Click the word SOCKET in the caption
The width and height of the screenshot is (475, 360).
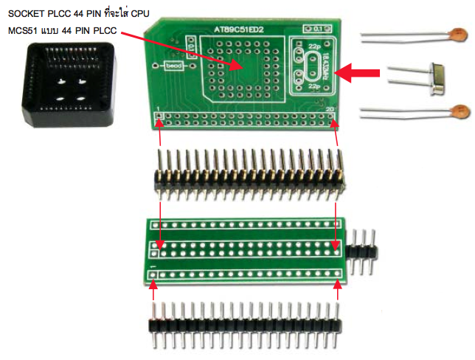27,15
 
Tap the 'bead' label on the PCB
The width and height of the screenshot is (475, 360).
174,66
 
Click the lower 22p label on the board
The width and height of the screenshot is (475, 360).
313,86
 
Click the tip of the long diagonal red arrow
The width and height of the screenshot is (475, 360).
240,67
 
